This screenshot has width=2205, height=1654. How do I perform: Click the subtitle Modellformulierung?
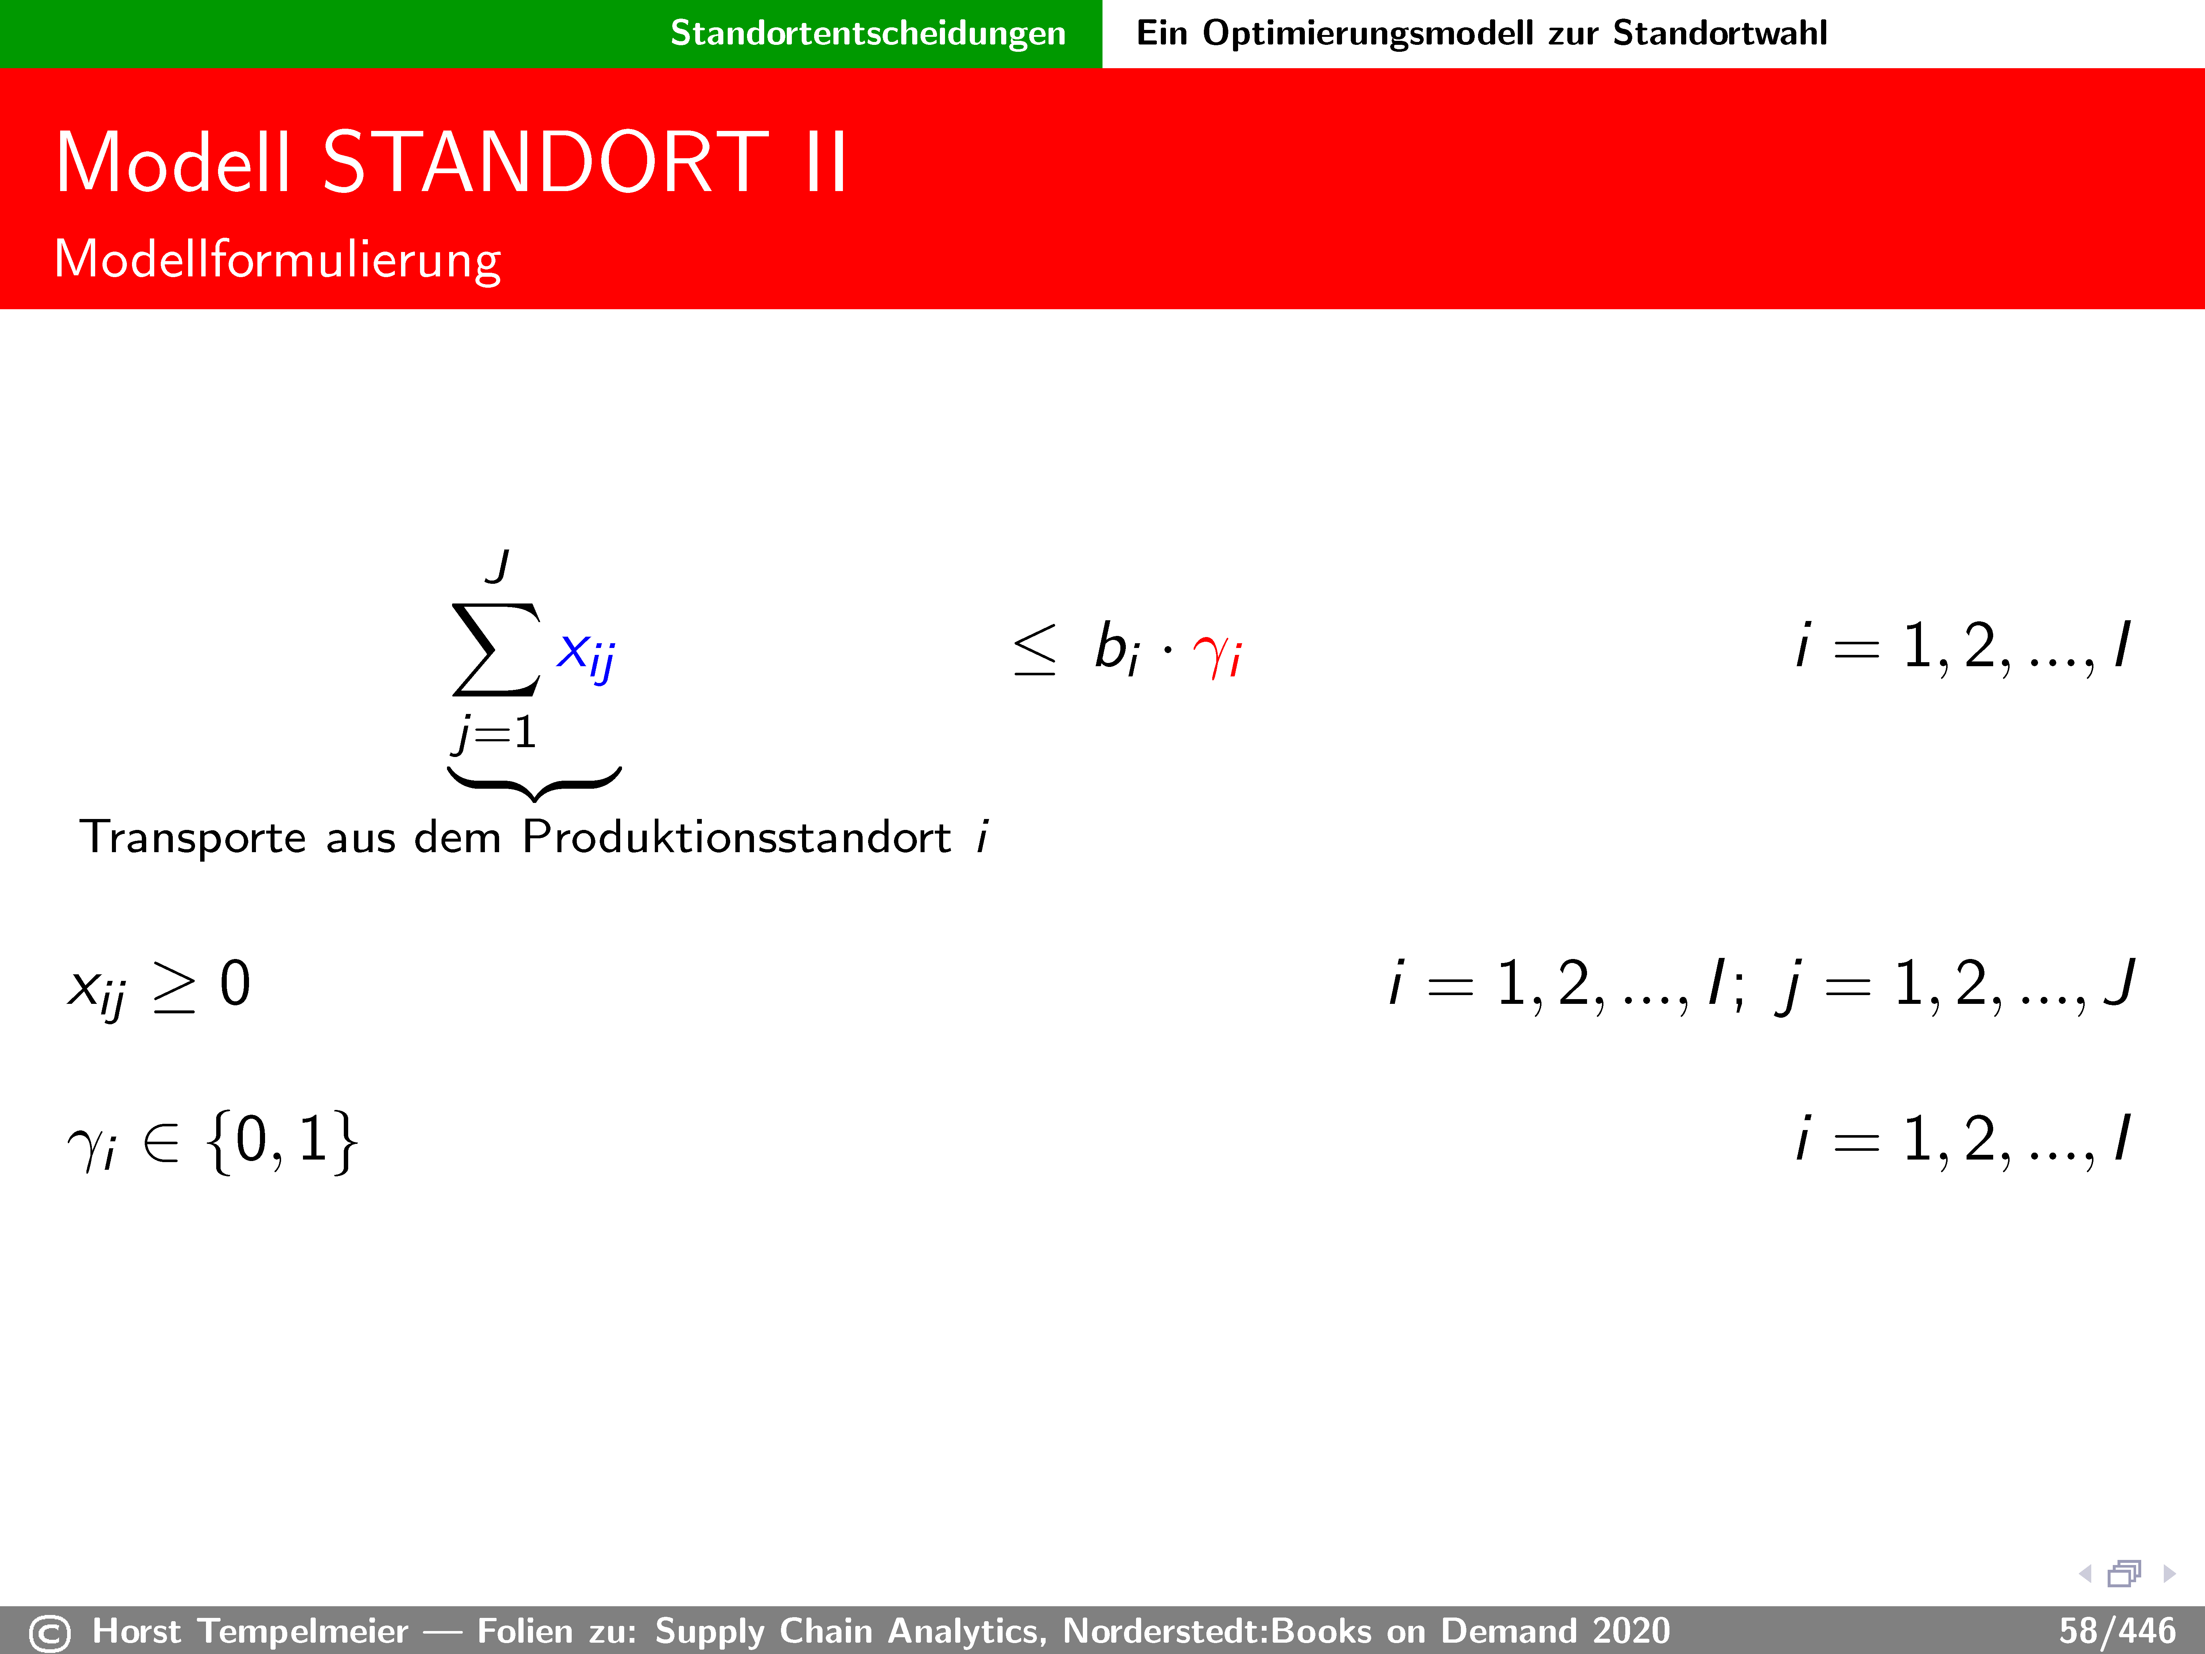pyautogui.click(x=277, y=259)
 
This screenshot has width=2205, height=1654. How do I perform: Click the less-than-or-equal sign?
pyautogui.click(x=1035, y=649)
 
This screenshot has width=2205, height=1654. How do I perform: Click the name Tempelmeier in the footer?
pyautogui.click(x=303, y=1631)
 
